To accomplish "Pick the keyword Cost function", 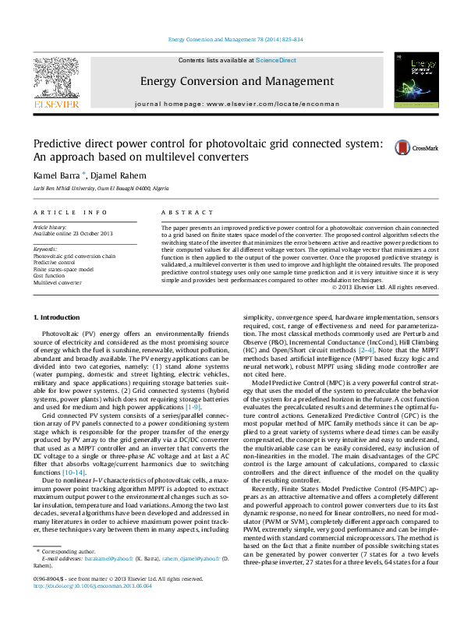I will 49,275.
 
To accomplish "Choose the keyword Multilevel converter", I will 57,282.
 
